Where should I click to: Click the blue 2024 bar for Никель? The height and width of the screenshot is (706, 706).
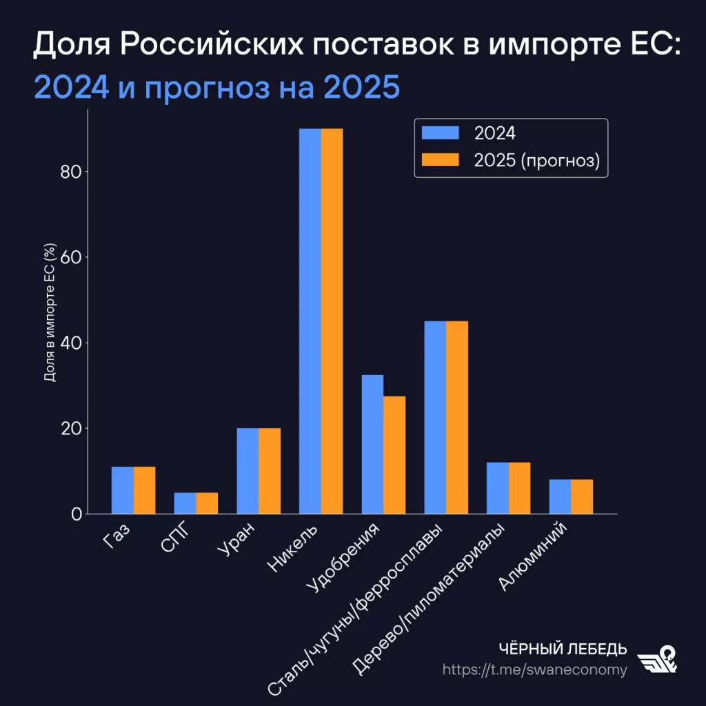click(x=310, y=321)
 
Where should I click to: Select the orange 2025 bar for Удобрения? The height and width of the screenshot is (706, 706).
click(x=394, y=455)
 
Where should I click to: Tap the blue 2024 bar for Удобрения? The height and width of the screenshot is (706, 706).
click(x=372, y=445)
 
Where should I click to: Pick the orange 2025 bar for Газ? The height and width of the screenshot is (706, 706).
click(x=144, y=490)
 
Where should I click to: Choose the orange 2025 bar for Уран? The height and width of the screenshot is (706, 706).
click(x=270, y=471)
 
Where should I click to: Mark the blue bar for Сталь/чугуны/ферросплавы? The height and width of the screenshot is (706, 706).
click(x=435, y=417)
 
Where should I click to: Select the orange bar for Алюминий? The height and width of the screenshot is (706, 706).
click(x=582, y=496)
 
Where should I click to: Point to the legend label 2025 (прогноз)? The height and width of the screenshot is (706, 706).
click(x=537, y=160)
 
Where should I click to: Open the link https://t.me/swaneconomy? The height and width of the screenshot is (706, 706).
click(x=534, y=670)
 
